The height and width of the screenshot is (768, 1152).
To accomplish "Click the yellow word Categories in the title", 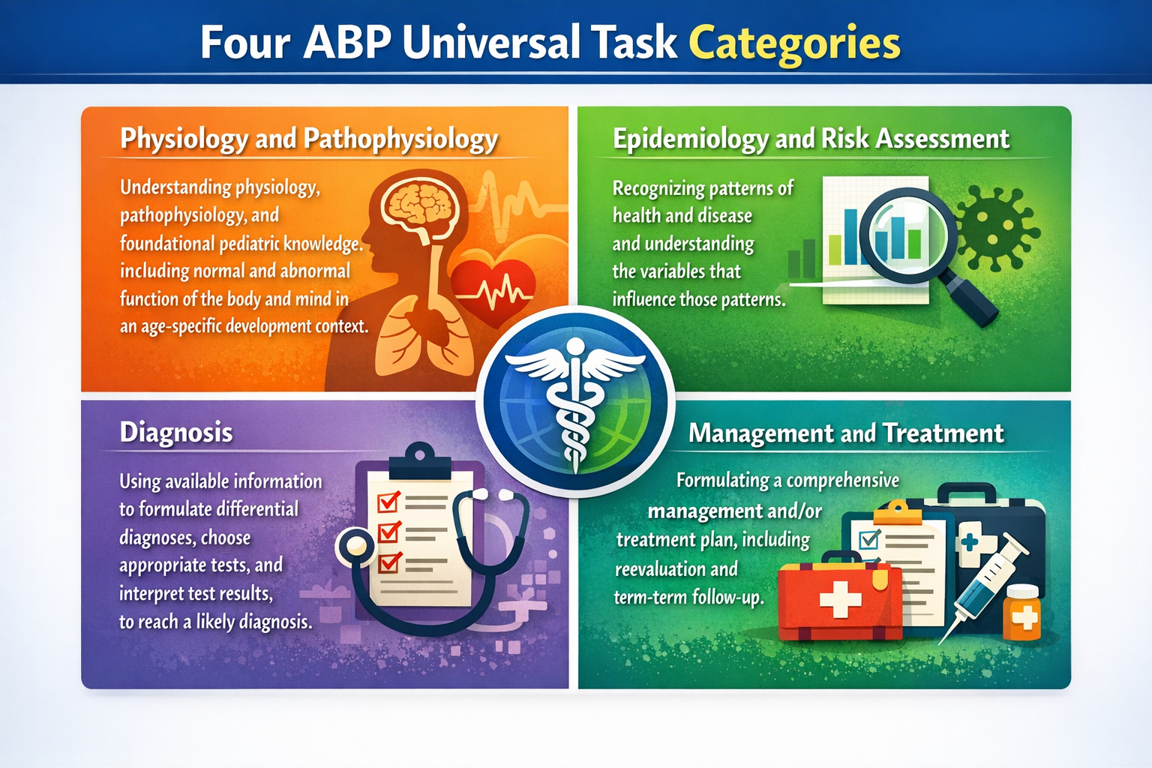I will click(x=794, y=43).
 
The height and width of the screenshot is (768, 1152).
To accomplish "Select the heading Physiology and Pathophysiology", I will click(x=308, y=139).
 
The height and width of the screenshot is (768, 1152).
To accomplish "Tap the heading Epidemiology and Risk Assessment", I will click(x=811, y=139).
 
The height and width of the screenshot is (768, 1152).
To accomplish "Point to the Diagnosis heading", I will click(x=176, y=433).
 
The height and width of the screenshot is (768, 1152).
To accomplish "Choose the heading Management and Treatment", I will click(x=846, y=433).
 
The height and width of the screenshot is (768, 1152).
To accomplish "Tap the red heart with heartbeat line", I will click(x=493, y=289).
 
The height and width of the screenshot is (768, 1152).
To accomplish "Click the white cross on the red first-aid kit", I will click(x=840, y=601).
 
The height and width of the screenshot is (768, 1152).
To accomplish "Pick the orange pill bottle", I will click(x=1023, y=613).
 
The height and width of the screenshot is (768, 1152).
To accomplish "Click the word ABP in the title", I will click(x=347, y=43).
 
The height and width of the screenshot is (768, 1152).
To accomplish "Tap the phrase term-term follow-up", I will click(x=688, y=598).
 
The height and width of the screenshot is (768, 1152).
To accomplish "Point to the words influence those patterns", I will click(x=698, y=300).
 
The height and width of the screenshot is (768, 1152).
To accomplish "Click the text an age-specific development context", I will click(x=244, y=327).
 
